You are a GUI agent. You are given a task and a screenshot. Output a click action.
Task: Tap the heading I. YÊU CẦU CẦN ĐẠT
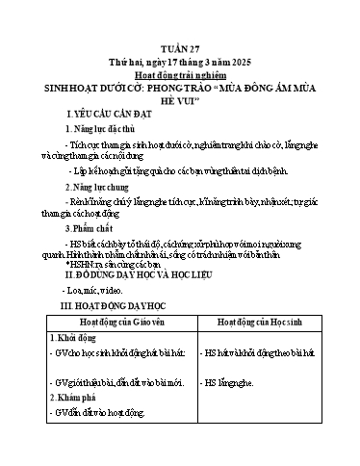(97, 114)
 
